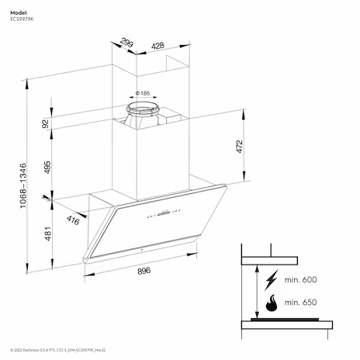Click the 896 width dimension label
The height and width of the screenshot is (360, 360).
[x=144, y=271]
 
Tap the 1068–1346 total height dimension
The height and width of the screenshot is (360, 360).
[x=23, y=185]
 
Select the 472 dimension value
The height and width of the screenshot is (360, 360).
[x=240, y=147]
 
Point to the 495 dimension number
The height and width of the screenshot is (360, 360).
[x=47, y=168]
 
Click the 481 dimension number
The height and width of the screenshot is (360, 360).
[x=48, y=234]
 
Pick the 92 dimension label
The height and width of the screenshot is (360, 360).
[x=45, y=123]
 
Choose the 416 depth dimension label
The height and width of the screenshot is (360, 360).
[x=73, y=220]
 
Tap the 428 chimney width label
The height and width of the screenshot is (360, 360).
[x=157, y=46]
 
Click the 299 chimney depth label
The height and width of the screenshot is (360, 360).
[x=126, y=43]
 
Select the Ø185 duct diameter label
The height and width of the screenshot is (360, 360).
[x=143, y=93]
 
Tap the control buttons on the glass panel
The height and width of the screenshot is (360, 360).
[x=164, y=213]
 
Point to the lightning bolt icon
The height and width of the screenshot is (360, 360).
[x=271, y=280]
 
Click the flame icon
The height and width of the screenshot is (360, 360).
[x=272, y=303]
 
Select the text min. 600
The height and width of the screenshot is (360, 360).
[x=300, y=279]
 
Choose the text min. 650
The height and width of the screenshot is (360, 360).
[x=300, y=302]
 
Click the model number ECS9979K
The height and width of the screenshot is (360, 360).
[x=22, y=19]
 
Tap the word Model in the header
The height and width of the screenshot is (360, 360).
[x=19, y=12]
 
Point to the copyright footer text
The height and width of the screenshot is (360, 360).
[x=58, y=350]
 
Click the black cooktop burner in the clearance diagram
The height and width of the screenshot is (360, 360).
[x=285, y=320]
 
